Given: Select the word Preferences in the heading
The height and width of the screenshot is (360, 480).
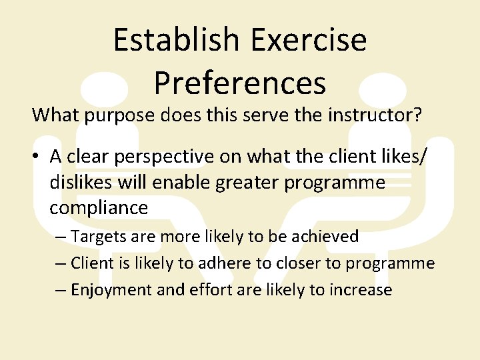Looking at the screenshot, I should [x=240, y=83].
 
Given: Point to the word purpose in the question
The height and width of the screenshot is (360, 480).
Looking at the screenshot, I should [x=119, y=115].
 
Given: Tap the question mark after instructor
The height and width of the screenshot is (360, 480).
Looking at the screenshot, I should [x=417, y=115].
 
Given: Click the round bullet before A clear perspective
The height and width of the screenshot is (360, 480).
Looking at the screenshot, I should [x=37, y=157].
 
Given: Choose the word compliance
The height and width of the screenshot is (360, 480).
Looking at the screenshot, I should [x=99, y=207].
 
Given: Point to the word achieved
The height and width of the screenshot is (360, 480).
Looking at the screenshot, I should [x=325, y=237].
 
